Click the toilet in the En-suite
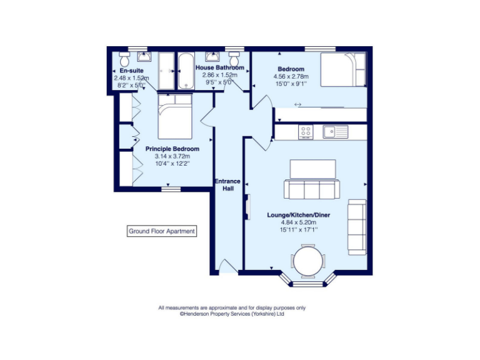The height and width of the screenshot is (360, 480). click(124, 61)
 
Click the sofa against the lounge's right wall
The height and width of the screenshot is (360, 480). click(357, 227)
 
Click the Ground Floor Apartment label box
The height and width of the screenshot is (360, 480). click(161, 231)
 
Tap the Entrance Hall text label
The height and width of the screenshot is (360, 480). click(227, 184)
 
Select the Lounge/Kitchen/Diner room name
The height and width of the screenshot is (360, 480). click(299, 215)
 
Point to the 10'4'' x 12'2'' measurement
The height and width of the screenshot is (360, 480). click(172, 163)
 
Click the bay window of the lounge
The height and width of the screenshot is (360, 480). click(309, 283)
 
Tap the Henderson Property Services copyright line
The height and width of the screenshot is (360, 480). click(232, 314)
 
